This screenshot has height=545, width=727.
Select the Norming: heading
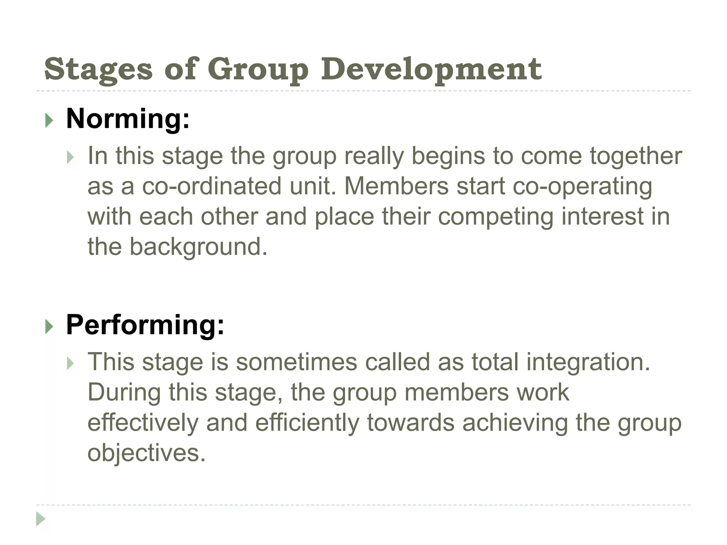point(128,119)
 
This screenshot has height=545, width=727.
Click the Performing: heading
point(145,325)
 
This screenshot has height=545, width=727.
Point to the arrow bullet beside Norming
point(49,121)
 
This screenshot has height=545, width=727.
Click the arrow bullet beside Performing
point(49,327)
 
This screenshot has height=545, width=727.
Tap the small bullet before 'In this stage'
point(70,157)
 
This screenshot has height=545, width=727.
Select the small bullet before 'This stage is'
point(70,363)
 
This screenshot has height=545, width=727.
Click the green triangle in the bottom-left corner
point(40,519)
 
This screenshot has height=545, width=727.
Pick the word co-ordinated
point(212,186)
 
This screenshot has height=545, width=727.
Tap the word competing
point(496,216)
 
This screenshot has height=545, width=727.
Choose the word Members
point(397,186)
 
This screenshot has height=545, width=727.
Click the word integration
point(588,362)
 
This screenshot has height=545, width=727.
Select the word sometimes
point(296,362)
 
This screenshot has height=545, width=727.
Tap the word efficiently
point(307,423)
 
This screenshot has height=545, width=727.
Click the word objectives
point(146,453)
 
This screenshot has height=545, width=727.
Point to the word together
point(636,156)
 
